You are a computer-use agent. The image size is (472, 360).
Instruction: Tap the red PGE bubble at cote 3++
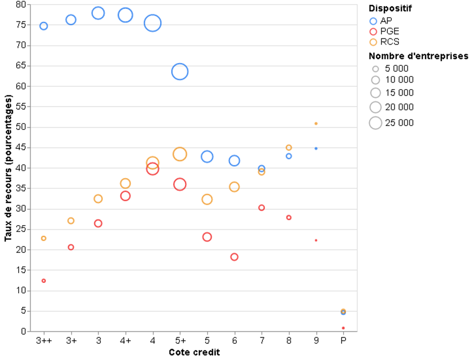pos(44,279)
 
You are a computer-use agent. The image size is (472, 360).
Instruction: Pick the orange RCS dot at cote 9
pos(316,124)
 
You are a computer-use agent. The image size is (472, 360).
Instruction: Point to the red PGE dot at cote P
pos(343,328)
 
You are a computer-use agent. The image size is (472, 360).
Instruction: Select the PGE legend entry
pos(384,31)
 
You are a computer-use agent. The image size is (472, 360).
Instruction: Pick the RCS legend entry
pos(384,42)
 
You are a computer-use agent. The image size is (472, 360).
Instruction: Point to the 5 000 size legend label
pos(397,68)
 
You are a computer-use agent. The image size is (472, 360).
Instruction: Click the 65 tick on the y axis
pos(21,65)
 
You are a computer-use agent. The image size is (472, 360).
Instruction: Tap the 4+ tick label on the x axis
pos(125,341)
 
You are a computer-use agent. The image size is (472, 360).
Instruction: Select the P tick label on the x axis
pos(343,341)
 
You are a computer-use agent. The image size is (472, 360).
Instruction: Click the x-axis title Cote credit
pos(194,352)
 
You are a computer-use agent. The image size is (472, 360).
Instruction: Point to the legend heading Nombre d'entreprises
pos(419,56)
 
